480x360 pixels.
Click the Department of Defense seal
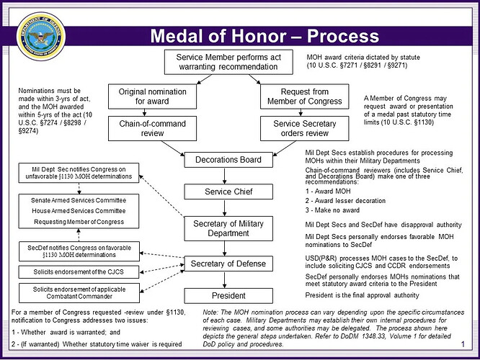(41, 37)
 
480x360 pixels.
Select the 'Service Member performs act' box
(228, 62)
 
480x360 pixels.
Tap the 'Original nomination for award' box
(152, 96)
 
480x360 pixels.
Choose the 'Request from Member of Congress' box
(305, 96)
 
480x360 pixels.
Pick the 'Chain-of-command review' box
(152, 128)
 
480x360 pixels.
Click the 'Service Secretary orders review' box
(305, 128)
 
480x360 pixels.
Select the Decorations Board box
(228, 160)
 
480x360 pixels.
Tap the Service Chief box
(228, 192)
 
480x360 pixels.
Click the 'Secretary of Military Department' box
(228, 228)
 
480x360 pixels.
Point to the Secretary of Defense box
(228, 264)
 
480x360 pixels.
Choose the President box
(228, 296)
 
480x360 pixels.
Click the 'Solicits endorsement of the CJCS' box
(79, 272)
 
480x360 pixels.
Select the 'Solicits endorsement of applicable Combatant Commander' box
(79, 293)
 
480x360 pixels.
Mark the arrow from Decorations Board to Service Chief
(225, 176)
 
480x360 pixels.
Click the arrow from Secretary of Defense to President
(225, 280)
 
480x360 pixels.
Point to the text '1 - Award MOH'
(328, 192)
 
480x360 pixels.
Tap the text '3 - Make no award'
(332, 210)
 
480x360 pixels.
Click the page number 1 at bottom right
(463, 344)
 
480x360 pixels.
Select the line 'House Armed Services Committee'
(79, 211)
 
